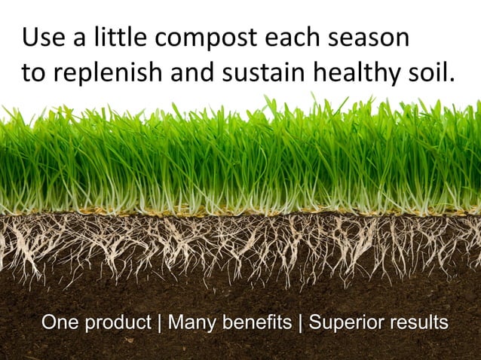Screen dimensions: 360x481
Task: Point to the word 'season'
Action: coord(370,38)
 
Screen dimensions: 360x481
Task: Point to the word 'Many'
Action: coord(188,324)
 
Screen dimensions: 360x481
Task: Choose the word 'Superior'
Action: coord(344,325)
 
